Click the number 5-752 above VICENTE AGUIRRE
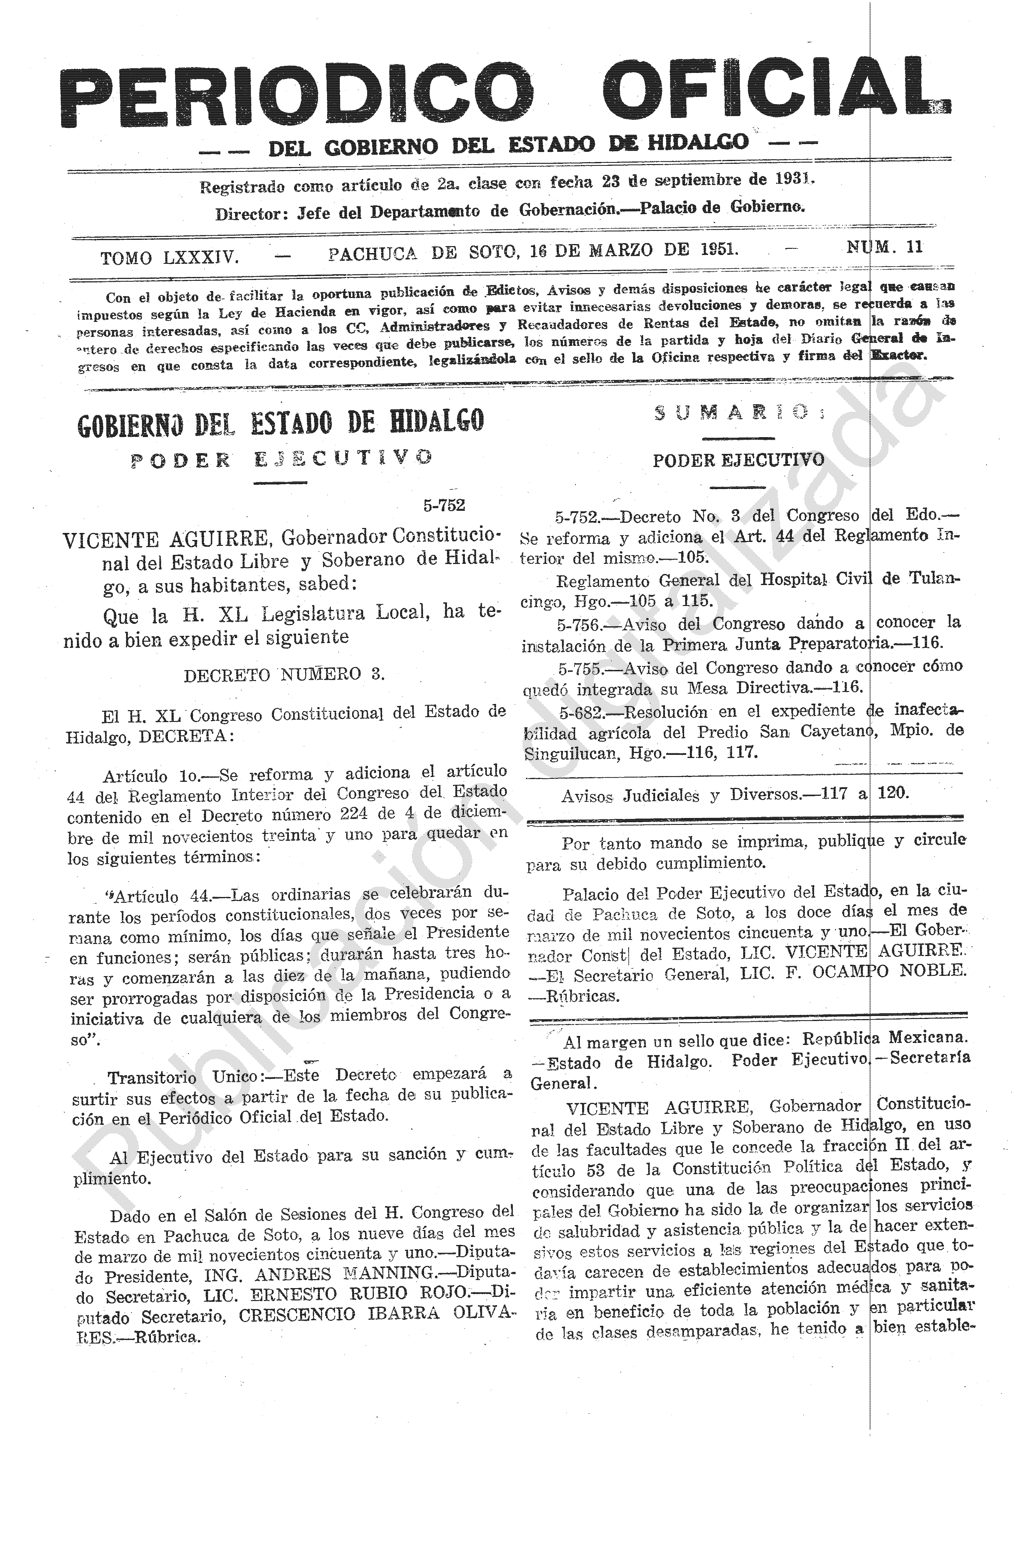[443, 505]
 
